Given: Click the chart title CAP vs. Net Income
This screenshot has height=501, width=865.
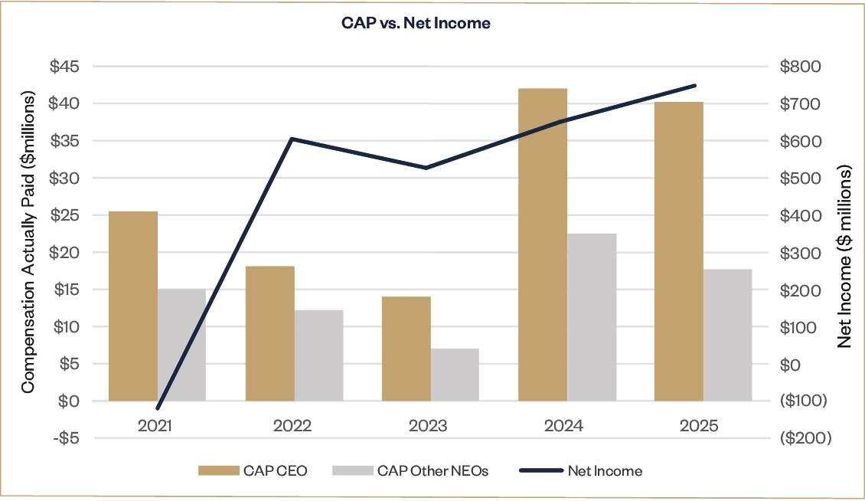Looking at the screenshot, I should coord(416,24).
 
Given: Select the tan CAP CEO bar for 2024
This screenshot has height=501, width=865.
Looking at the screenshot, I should coord(543,245).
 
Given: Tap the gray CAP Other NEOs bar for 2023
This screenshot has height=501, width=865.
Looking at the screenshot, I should coord(455,375).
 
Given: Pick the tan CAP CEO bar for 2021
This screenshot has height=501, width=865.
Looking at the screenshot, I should coord(133,306).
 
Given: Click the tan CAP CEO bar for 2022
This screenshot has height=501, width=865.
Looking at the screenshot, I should coord(269,333).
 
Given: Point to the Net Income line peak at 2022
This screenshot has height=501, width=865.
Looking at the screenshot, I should coord(292,139).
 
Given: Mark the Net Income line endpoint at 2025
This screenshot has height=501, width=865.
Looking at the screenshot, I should coord(694,86).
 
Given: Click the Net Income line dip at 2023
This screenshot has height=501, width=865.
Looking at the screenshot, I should coord(426,168).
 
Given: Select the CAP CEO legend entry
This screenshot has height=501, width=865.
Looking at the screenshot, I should coord(253,471).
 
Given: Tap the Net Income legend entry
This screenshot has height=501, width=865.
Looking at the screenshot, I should coord(581,471).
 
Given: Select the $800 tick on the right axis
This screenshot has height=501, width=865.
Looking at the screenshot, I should coord(799,67).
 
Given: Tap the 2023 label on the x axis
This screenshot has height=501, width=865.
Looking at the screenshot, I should coord(429,426).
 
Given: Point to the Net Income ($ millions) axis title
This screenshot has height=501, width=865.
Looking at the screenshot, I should coord(844,258).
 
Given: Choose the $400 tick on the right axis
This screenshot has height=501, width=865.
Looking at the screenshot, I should coord(799,215).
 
